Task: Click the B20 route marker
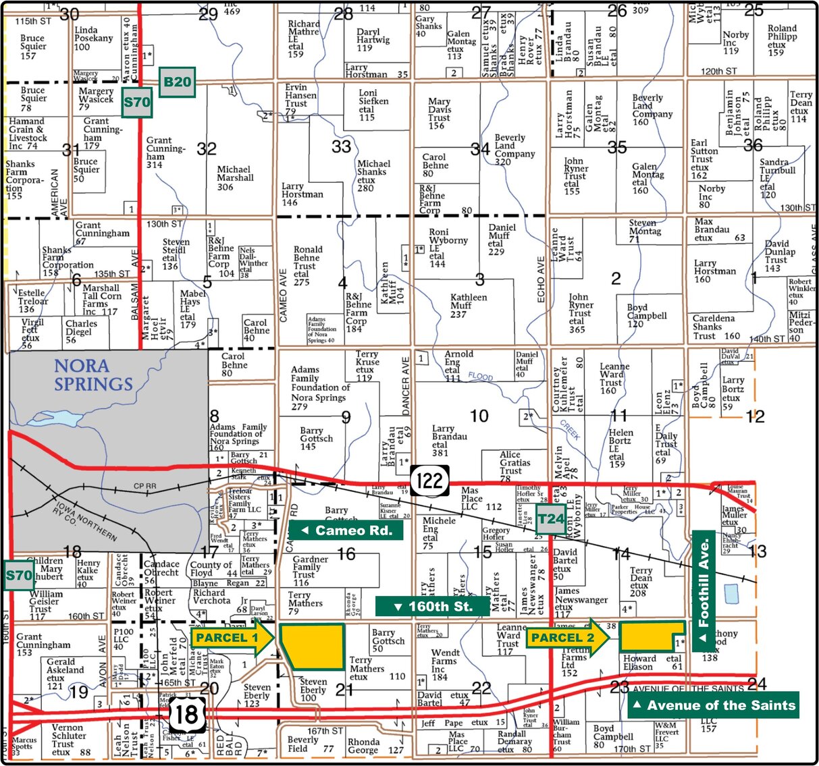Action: click(x=177, y=82)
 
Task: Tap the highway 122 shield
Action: click(x=429, y=481)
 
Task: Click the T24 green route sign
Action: click(x=550, y=519)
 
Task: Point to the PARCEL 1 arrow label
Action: click(x=232, y=638)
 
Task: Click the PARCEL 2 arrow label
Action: click(x=569, y=638)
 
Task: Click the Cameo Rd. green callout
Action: click(x=346, y=530)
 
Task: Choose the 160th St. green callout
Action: click(x=432, y=606)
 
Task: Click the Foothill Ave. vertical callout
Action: click(x=704, y=591)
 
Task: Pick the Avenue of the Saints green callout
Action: click(x=713, y=705)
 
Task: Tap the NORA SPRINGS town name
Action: click(x=93, y=375)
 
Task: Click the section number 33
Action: click(x=342, y=146)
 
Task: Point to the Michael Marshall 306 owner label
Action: click(x=235, y=178)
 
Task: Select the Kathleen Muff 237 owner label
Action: click(x=468, y=306)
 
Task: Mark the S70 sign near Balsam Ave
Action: click(x=137, y=103)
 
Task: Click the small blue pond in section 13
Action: click(x=731, y=594)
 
